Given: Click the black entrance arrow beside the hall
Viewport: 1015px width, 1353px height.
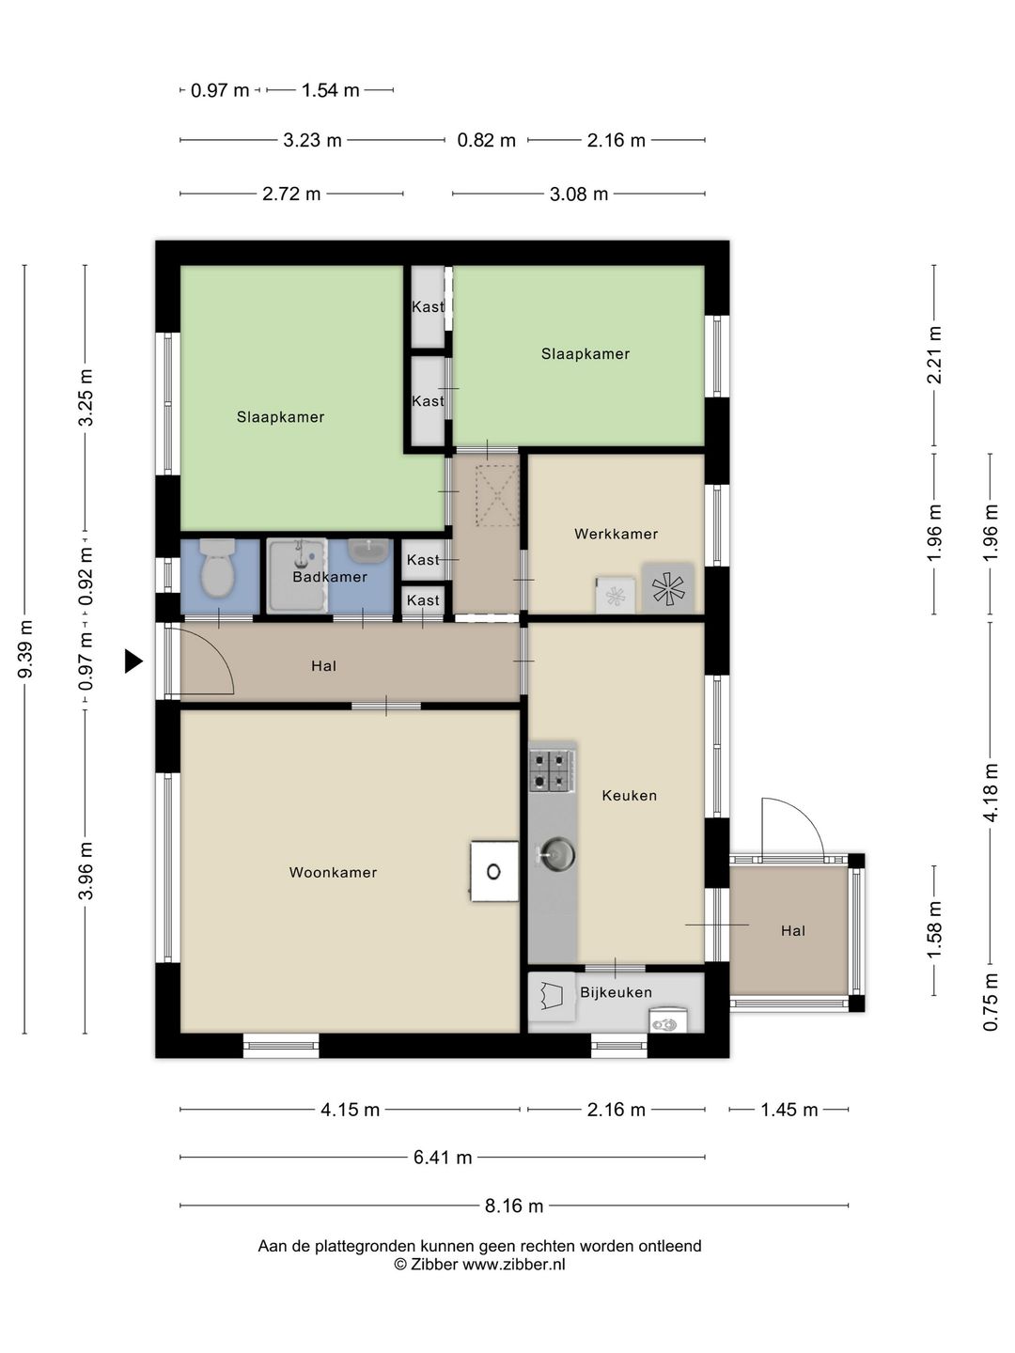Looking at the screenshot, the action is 133,661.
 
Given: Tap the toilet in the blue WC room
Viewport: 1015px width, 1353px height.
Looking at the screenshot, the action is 218,568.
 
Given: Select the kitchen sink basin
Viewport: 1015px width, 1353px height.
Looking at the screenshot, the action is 557,854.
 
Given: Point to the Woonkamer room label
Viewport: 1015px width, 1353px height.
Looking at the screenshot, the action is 333,872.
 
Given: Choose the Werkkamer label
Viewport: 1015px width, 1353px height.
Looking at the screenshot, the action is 616,534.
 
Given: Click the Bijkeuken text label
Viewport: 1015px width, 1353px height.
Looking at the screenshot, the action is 616,992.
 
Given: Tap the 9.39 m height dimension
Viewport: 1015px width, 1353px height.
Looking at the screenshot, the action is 25,649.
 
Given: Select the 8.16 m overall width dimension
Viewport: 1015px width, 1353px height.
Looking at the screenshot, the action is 514,1205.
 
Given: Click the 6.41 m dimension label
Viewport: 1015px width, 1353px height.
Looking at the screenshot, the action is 443,1158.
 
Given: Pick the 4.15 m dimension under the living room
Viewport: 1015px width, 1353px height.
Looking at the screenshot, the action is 350,1110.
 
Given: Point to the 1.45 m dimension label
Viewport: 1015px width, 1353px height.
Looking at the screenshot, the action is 789,1110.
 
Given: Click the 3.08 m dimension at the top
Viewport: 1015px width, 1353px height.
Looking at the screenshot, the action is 579,194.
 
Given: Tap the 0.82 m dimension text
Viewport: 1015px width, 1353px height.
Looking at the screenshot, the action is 486,141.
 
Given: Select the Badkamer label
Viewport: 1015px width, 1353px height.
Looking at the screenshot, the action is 330,577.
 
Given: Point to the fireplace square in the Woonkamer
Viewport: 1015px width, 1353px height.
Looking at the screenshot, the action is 494,872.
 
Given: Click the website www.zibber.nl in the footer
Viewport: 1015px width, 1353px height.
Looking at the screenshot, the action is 514,1265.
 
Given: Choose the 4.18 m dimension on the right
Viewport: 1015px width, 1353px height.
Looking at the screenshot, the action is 991,792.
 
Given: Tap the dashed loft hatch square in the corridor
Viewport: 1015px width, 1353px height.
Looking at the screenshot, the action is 497,495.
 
